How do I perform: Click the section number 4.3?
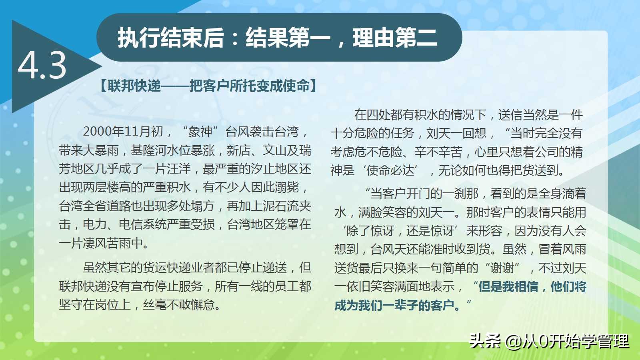coord(42,66)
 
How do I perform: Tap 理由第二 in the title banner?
coord(395,38)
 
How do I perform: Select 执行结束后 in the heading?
coord(170,38)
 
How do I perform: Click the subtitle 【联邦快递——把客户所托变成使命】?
coord(208,86)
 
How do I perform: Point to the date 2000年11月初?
coord(123,132)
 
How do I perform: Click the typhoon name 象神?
coord(200,132)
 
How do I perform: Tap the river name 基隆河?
coord(148,150)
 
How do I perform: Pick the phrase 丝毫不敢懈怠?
coord(179,305)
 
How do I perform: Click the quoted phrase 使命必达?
coord(390,170)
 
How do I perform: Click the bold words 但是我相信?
coord(508,286)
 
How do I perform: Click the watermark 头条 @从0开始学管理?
coord(549,341)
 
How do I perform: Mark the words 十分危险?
coord(354,133)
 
